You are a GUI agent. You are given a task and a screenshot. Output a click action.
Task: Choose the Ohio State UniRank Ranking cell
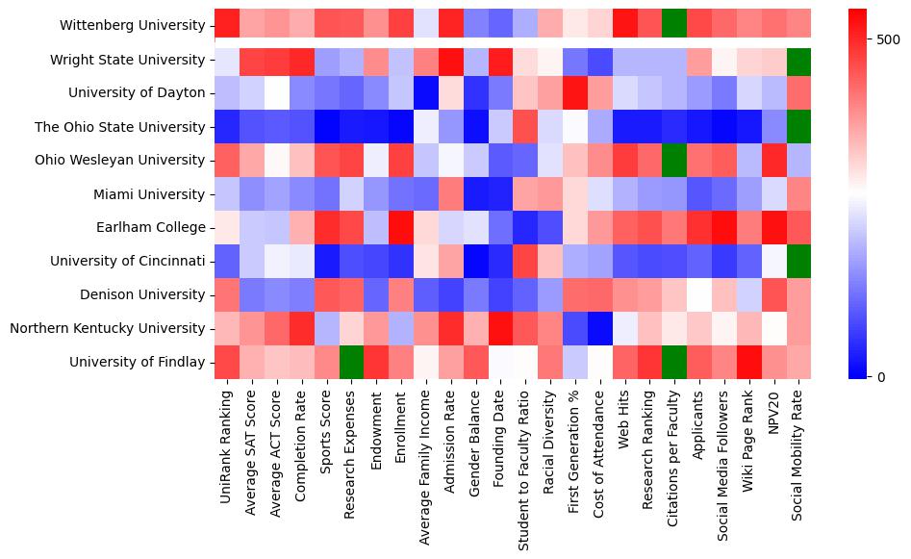226,127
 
